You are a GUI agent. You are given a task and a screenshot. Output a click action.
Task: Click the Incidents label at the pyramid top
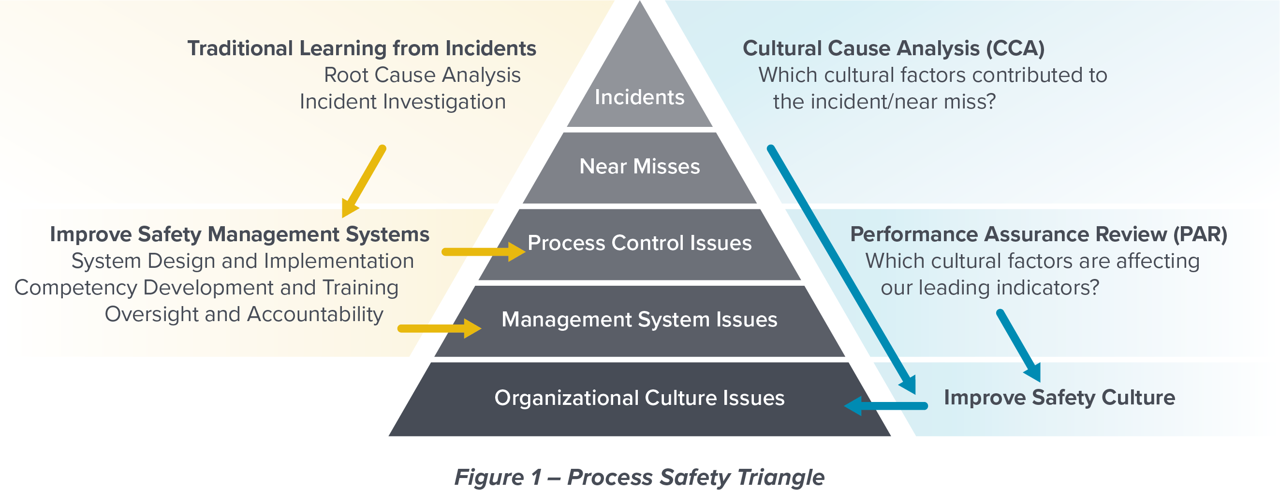click(639, 97)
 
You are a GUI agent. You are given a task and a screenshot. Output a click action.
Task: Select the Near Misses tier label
click(639, 167)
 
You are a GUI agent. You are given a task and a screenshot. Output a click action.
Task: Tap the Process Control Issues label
click(639, 243)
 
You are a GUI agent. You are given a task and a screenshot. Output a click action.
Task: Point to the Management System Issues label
click(639, 320)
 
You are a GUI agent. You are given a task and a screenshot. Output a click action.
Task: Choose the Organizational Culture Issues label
click(639, 398)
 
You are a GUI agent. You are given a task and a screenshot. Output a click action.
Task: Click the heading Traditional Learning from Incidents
click(361, 49)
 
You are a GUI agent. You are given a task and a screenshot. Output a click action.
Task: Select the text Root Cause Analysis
click(422, 76)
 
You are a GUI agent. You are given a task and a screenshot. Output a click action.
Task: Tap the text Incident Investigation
click(402, 102)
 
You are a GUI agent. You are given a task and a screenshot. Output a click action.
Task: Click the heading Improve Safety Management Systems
click(239, 234)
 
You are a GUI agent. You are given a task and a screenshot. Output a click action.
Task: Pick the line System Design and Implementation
click(242, 261)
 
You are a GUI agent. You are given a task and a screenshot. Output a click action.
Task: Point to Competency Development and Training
click(206, 288)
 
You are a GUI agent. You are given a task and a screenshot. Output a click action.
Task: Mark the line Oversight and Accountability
click(244, 314)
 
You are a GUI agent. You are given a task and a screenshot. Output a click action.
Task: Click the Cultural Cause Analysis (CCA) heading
click(893, 49)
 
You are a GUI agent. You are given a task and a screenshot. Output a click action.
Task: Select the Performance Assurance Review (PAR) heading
click(1038, 234)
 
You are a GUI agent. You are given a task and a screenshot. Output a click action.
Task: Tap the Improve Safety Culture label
click(1059, 398)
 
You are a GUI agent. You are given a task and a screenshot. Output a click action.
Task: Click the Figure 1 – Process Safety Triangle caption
click(639, 477)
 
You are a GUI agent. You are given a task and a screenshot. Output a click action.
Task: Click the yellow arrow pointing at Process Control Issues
click(482, 252)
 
